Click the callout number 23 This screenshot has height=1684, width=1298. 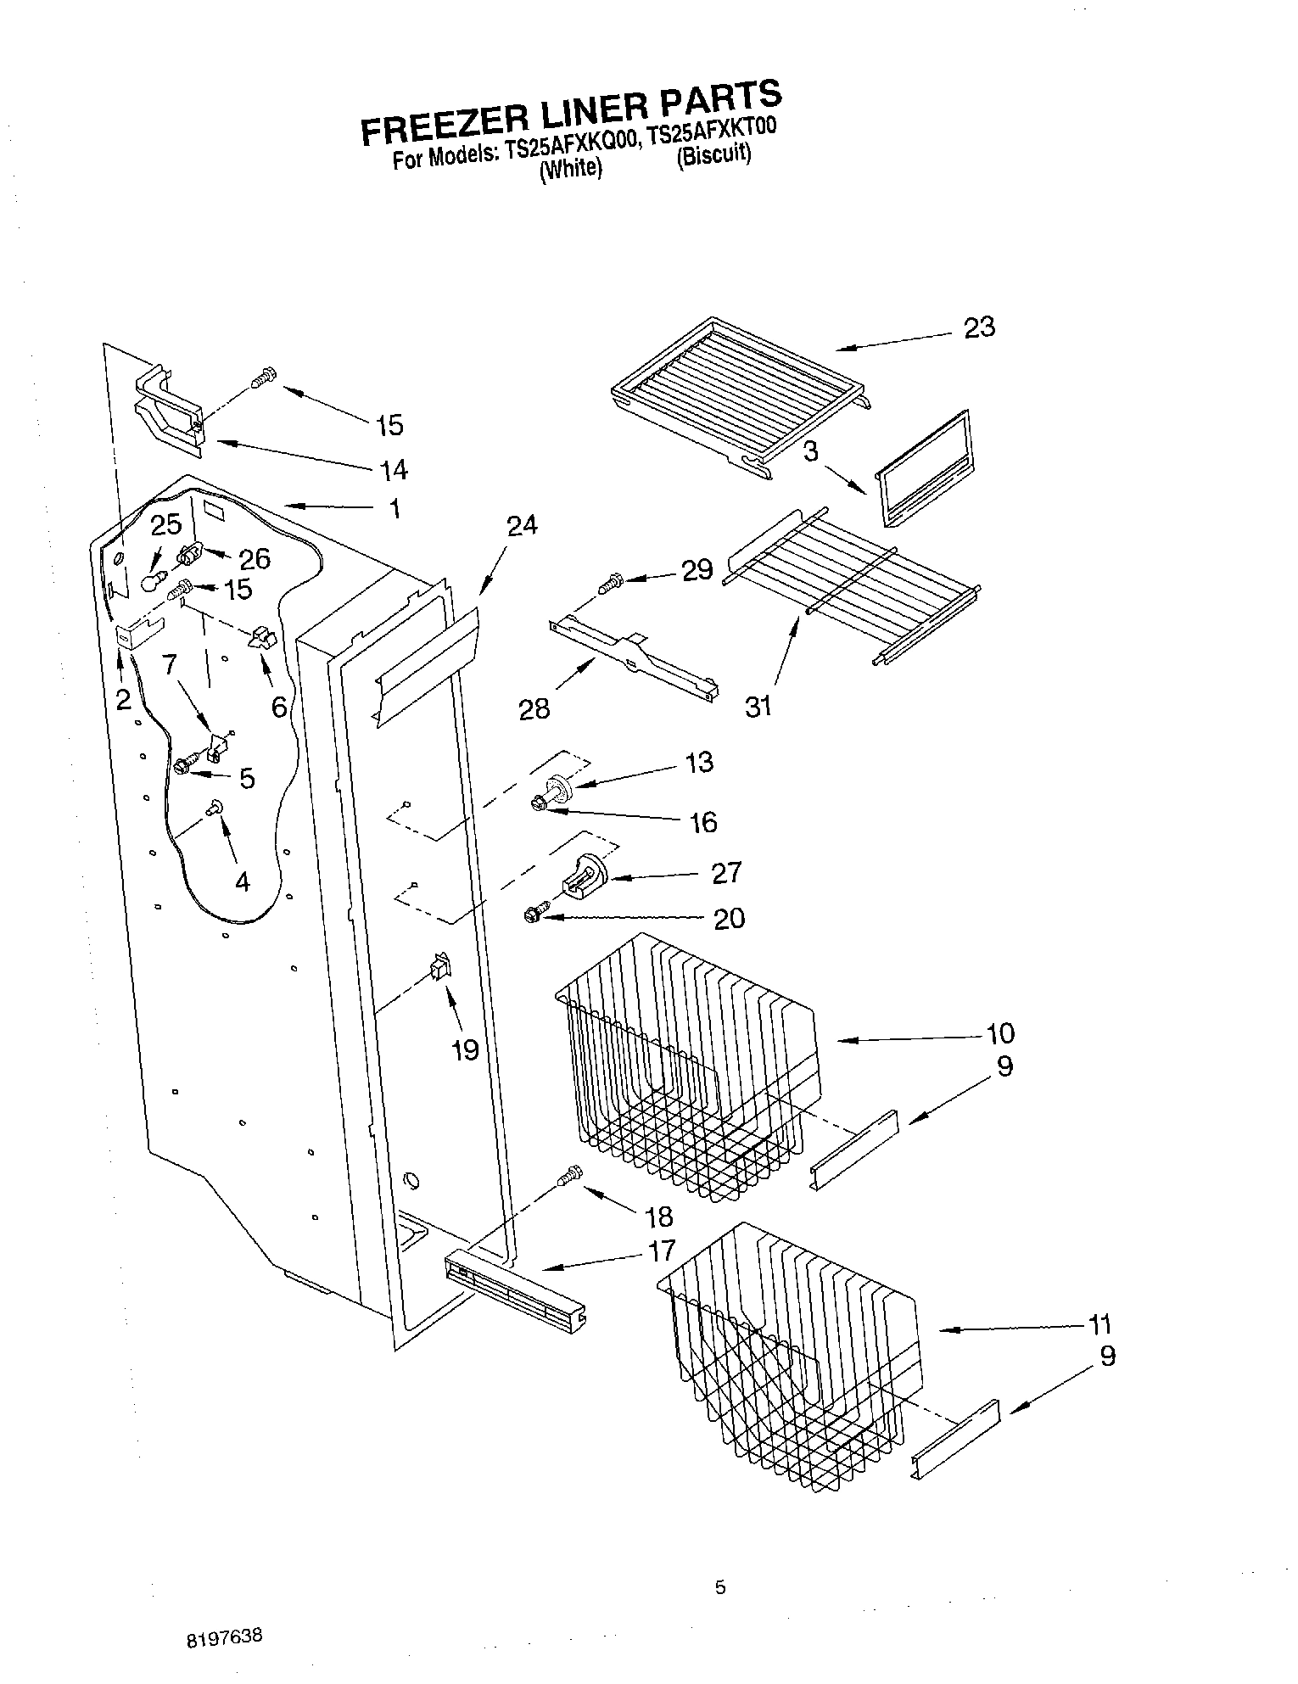point(979,327)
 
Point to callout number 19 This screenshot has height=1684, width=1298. point(465,1050)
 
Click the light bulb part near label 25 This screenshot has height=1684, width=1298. point(152,581)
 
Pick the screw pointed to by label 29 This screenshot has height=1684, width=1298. point(610,583)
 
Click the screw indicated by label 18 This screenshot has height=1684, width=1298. point(570,1175)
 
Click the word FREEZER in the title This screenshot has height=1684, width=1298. point(442,125)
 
